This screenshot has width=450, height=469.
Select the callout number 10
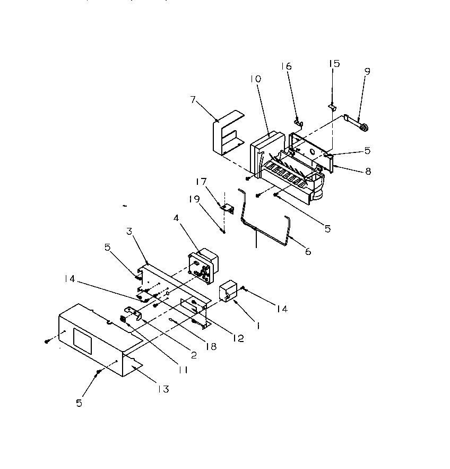pos(256,79)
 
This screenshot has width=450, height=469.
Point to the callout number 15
pos(334,63)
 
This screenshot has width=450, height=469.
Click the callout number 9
pos(367,71)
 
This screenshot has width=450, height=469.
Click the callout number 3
pos(128,231)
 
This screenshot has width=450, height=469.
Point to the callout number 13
pos(163,389)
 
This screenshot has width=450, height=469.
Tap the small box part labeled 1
pos(229,292)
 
